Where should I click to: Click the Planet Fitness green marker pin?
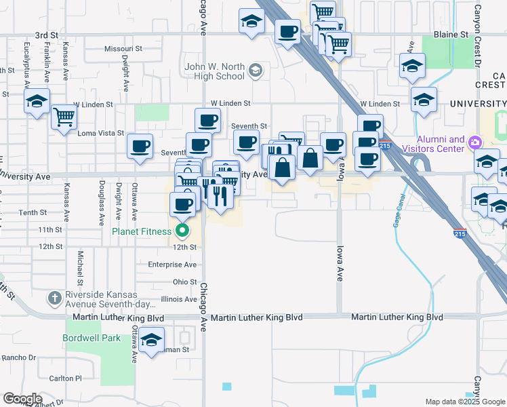pyautogui.click(x=182, y=231)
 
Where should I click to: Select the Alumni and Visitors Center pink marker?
pyautogui.click(x=475, y=142)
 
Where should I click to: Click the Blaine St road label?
pyautogui.click(x=451, y=34)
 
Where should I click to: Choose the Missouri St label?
pyautogui.click(x=123, y=49)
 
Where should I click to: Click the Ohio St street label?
pyautogui.click(x=184, y=282)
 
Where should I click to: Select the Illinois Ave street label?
pyautogui.click(x=179, y=299)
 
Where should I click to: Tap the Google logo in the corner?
pyautogui.click(x=22, y=399)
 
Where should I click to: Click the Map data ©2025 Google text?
pyautogui.click(x=465, y=402)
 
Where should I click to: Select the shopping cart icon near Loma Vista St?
pyautogui.click(x=64, y=118)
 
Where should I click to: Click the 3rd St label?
pyautogui.click(x=47, y=35)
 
